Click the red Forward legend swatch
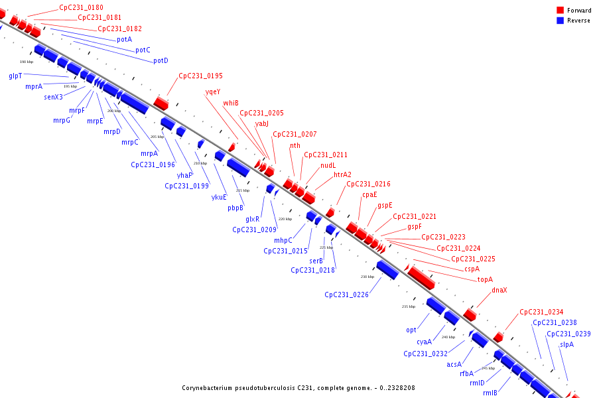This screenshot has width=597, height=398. point(561,10)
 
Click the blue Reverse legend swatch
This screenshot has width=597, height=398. point(561,21)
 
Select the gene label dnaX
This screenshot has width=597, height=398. point(499,291)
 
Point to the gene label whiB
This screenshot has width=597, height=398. point(231,103)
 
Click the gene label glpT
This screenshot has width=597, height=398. point(15,76)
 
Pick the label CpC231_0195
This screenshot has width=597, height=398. point(200,76)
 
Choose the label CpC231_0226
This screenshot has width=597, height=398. point(346,295)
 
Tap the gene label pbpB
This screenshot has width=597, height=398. point(235,208)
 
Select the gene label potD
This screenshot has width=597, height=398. point(161,61)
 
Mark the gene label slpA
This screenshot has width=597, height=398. point(566,344)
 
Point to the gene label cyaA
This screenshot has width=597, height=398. point(424,342)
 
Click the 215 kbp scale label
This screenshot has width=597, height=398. point(243,190)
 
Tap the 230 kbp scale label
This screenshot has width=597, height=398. point(367,277)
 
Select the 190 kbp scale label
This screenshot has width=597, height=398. point(27,62)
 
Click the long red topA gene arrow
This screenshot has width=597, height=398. point(421,277)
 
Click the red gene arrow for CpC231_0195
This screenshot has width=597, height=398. point(161,103)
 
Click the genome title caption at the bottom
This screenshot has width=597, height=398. point(298,387)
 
